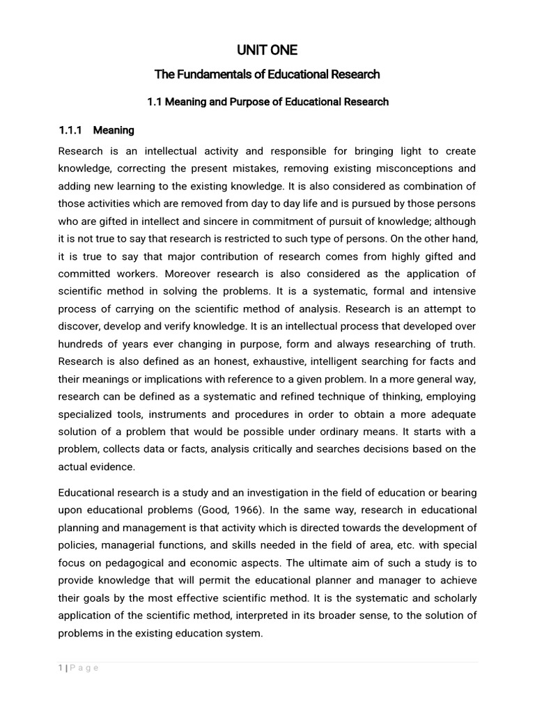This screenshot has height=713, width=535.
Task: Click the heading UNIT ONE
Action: [x=267, y=50]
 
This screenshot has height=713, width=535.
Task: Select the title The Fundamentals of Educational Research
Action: [x=267, y=75]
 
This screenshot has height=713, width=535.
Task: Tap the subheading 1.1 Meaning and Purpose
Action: [x=267, y=102]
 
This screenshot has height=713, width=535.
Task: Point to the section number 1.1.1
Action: [x=70, y=130]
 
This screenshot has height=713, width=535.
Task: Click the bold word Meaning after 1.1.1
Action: [x=114, y=130]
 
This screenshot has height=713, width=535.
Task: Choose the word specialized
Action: [x=88, y=414]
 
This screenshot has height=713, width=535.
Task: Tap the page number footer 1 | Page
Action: [x=79, y=668]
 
